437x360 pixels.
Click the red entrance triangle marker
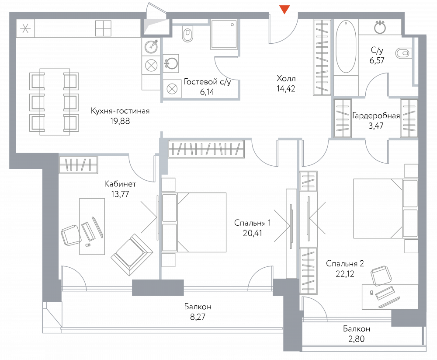tap(284, 9)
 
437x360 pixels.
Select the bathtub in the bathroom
tap(346, 47)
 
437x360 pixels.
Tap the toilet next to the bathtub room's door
tap(403, 53)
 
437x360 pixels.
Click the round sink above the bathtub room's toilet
tap(380, 28)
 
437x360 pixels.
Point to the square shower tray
tap(224, 34)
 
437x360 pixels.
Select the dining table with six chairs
tap(55, 101)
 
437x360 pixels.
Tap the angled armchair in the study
tap(132, 254)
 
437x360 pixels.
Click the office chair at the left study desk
tap(70, 235)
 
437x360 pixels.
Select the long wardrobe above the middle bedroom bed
tap(206, 149)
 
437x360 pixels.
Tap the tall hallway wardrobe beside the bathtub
tap(321, 57)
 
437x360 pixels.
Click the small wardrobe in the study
tap(78, 165)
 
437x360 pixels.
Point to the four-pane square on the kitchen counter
tap(103, 28)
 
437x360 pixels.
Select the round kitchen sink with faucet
tap(152, 45)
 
